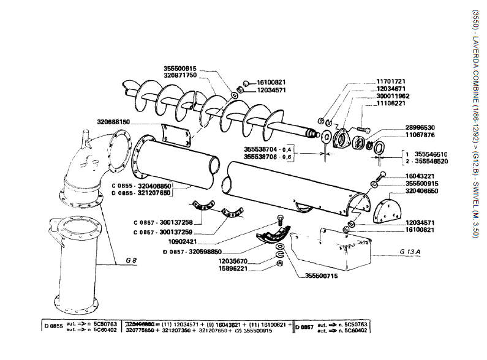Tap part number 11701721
[391, 81]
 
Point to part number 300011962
[393, 96]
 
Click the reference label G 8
[130, 260]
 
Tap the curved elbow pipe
[82, 168]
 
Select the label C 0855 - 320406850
[142, 185]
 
